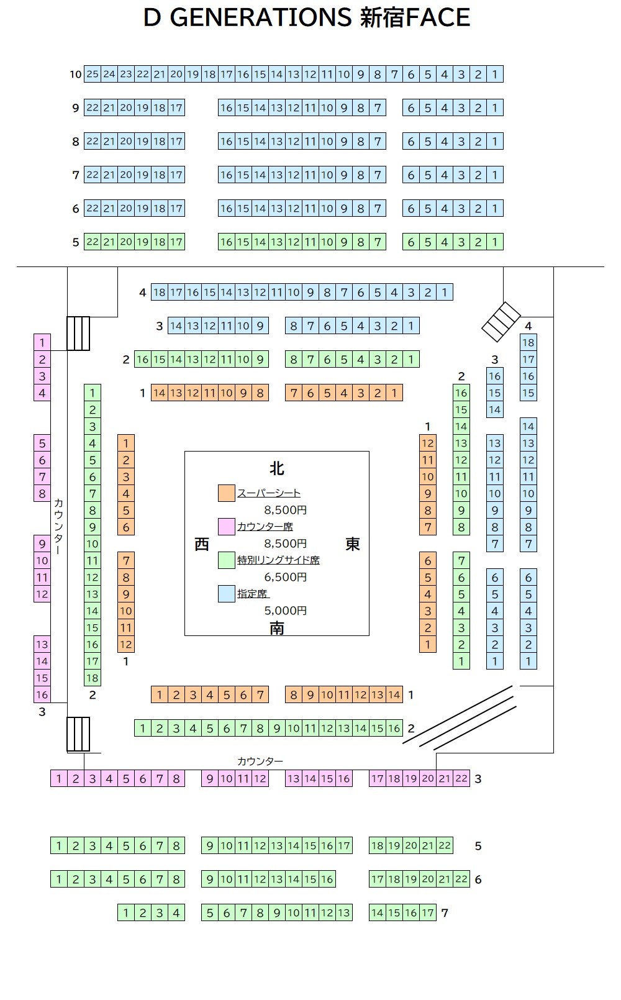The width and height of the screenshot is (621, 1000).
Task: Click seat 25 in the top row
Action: coord(93,75)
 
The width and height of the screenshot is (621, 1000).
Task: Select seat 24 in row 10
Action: coord(109,75)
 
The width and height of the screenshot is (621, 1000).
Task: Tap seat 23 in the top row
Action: coord(126,75)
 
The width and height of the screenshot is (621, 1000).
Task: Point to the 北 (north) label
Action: coord(276,468)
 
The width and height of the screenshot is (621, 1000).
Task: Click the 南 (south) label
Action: coord(277,628)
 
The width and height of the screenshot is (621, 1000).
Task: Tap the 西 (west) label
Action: coord(202,544)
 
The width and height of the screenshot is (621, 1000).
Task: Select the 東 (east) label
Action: coord(352,544)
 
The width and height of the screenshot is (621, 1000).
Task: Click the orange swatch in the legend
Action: coord(227,493)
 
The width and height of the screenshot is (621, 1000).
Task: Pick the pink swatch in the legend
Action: coord(227,527)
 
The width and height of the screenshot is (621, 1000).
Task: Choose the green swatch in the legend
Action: coord(227,560)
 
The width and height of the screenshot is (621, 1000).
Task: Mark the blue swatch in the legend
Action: coord(227,594)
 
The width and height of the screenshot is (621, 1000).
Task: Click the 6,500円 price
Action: coord(286,577)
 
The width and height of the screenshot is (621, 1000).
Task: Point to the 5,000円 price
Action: coord(286,611)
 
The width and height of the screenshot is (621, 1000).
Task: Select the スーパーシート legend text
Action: coord(269,493)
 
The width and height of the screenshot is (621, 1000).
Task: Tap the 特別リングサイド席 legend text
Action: coord(278,560)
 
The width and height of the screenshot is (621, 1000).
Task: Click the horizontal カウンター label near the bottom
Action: coord(260,761)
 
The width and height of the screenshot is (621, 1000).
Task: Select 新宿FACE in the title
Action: coord(415,17)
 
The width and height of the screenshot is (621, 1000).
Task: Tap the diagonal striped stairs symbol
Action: coord(501,322)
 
